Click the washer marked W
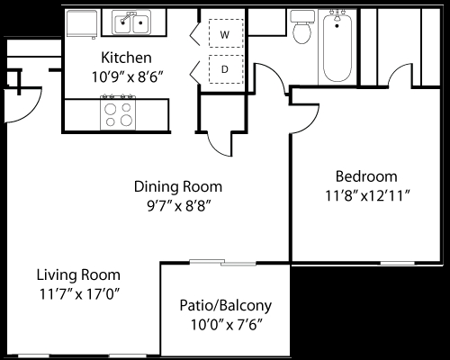pyautogui.click(x=223, y=33)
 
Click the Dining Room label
pyautogui.click(x=177, y=186)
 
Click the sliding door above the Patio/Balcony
pyautogui.click(x=222, y=263)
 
